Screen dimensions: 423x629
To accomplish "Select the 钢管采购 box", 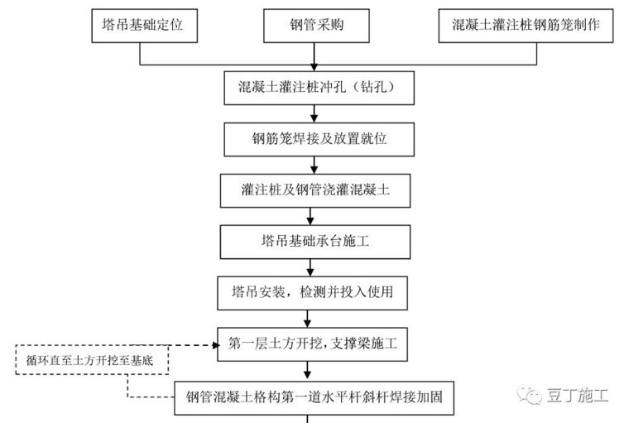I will point(314,26).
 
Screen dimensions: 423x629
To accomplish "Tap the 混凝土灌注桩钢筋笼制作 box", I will point(526,26).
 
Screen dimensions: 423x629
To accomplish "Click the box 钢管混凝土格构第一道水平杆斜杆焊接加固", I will point(314,397).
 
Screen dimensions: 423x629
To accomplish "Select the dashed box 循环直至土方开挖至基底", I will point(90,360).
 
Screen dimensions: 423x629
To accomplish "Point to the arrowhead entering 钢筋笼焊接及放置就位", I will point(310,118).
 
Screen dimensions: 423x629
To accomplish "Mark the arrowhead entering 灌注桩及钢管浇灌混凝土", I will point(310,170).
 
